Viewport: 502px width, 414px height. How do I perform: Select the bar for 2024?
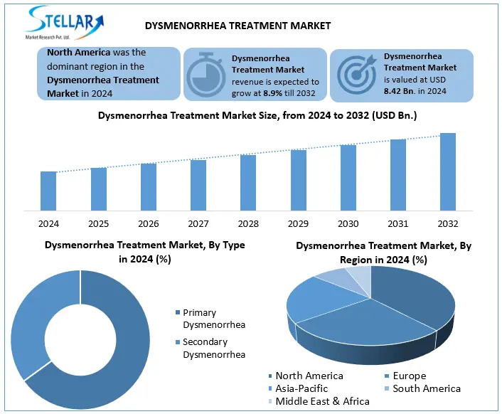pyautogui.click(x=48, y=191)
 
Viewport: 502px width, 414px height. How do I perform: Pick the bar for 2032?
pyautogui.click(x=448, y=172)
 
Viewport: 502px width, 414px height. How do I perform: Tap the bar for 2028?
pyautogui.click(x=248, y=183)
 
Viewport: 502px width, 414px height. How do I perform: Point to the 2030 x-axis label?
pyautogui.click(x=348, y=223)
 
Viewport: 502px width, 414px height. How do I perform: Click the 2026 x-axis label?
pyautogui.click(x=149, y=223)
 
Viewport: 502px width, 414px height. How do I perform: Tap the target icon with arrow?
pyautogui.click(x=355, y=74)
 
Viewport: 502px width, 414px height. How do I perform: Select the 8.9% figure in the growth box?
pyautogui.click(x=274, y=92)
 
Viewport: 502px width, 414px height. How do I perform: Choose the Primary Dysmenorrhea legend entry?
pyautogui.click(x=213, y=319)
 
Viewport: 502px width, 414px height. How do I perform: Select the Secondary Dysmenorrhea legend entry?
pyautogui.click(x=213, y=349)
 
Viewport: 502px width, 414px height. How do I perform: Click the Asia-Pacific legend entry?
pyautogui.click(x=301, y=388)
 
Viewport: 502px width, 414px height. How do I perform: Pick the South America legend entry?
pyautogui.click(x=426, y=388)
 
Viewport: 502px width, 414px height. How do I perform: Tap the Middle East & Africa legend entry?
pyautogui.click(x=322, y=401)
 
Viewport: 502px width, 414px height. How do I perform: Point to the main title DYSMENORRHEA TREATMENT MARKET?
pyautogui.click(x=237, y=26)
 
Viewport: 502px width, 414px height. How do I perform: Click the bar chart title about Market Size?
pyautogui.click(x=257, y=115)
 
